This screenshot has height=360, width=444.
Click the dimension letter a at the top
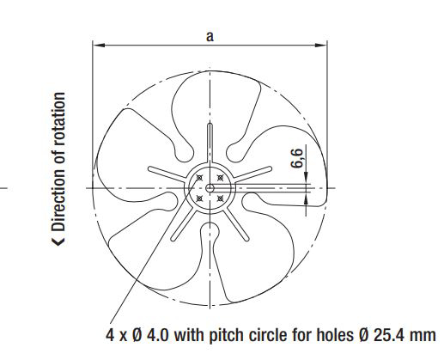(x=210, y=37)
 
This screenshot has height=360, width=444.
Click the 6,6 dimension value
(x=297, y=158)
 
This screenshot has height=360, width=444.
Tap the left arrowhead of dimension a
(x=99, y=45)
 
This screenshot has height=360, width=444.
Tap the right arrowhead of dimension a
(x=321, y=45)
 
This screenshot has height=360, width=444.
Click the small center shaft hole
(x=210, y=188)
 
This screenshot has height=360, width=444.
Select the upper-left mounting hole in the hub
(x=199, y=178)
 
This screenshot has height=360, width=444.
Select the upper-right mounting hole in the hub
(x=220, y=178)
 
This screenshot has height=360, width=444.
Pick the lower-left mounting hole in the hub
(x=199, y=198)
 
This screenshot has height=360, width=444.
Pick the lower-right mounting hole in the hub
(x=220, y=198)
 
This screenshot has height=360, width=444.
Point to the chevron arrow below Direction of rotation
(x=58, y=241)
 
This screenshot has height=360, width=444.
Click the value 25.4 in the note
(x=387, y=334)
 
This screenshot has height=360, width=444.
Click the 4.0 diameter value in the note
(x=158, y=334)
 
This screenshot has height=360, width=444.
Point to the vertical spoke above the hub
(x=210, y=143)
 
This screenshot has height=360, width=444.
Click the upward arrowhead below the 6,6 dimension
(x=306, y=198)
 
